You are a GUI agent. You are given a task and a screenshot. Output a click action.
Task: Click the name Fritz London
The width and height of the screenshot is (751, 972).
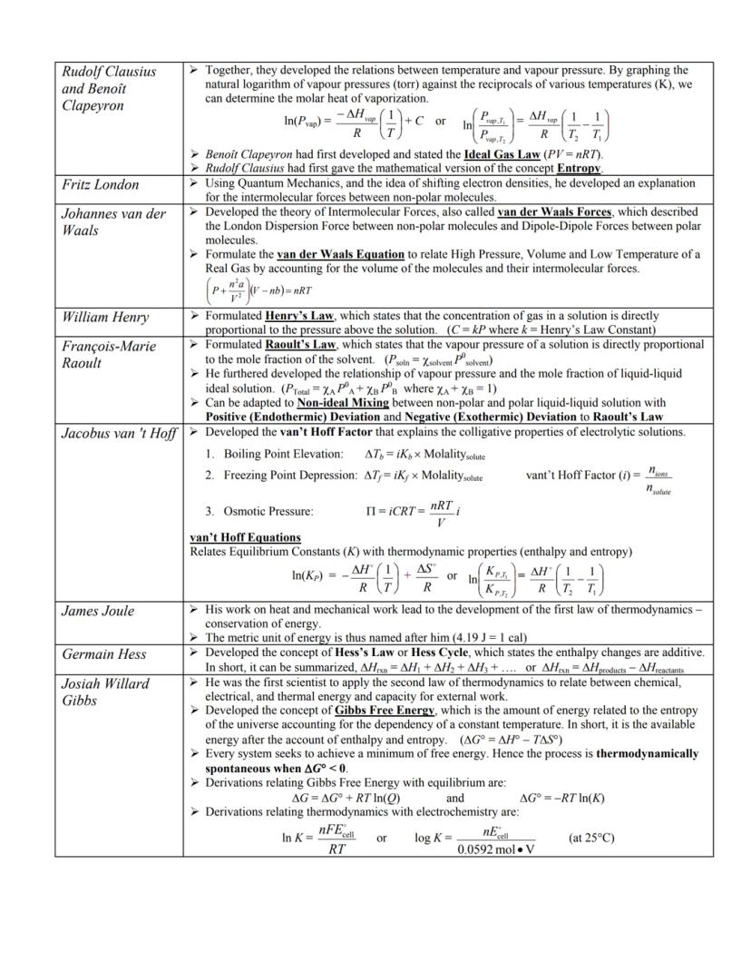click(100, 185)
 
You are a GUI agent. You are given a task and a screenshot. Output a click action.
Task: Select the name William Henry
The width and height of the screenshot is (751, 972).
click(105, 318)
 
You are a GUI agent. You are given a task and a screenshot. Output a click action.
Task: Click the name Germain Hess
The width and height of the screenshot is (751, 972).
click(103, 654)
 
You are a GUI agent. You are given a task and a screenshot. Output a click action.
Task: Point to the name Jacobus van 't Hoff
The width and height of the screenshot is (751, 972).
click(119, 434)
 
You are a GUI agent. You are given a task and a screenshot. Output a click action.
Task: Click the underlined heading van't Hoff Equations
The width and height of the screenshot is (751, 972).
click(245, 537)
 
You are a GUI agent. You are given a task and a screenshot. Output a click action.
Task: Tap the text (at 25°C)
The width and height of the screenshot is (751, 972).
click(590, 838)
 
